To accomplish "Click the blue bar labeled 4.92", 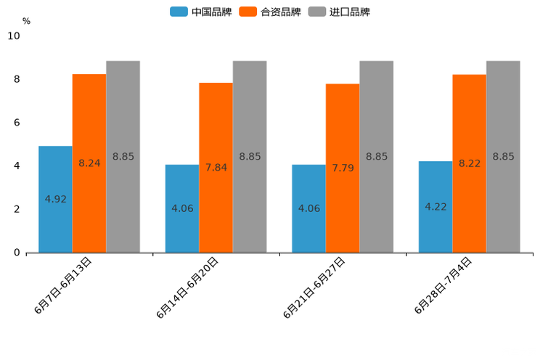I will click(x=55, y=199).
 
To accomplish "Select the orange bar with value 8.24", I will click(x=89, y=163).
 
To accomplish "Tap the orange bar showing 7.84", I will click(x=216, y=168).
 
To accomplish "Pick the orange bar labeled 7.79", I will click(x=343, y=168).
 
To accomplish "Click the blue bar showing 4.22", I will click(x=435, y=207).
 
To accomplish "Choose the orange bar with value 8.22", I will click(x=469, y=163).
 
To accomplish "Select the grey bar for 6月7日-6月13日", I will click(x=123, y=157).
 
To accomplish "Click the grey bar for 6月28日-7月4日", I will click(x=503, y=157).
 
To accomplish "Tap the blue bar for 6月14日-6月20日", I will click(x=182, y=208).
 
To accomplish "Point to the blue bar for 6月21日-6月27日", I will click(x=308, y=208).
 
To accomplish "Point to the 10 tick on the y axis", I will click(x=14, y=36).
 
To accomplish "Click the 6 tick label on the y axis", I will click(x=17, y=123).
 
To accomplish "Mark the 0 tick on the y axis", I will click(x=17, y=253).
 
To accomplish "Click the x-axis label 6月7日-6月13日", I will click(x=63, y=285).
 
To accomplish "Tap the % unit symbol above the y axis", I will click(x=26, y=22).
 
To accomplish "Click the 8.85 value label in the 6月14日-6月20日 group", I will click(x=250, y=157).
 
